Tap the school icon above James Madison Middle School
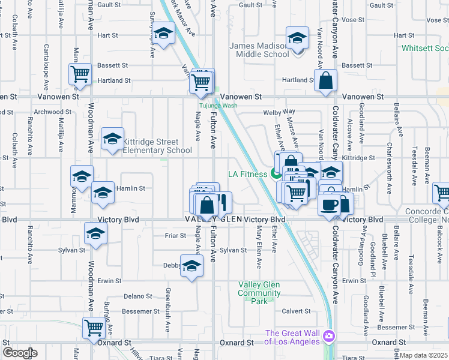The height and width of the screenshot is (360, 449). [297, 39]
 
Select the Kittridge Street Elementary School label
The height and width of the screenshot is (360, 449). [157, 146]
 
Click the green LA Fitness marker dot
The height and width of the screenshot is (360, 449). [276, 175]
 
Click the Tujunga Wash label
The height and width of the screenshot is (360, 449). [218, 106]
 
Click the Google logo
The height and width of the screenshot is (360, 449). [20, 353]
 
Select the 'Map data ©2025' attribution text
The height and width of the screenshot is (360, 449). [424, 355]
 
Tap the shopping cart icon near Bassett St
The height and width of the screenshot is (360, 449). [80, 74]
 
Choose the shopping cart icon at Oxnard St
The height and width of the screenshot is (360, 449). [94, 328]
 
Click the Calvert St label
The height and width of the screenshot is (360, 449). [297, 311]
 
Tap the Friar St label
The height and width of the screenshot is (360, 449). [175, 236]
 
